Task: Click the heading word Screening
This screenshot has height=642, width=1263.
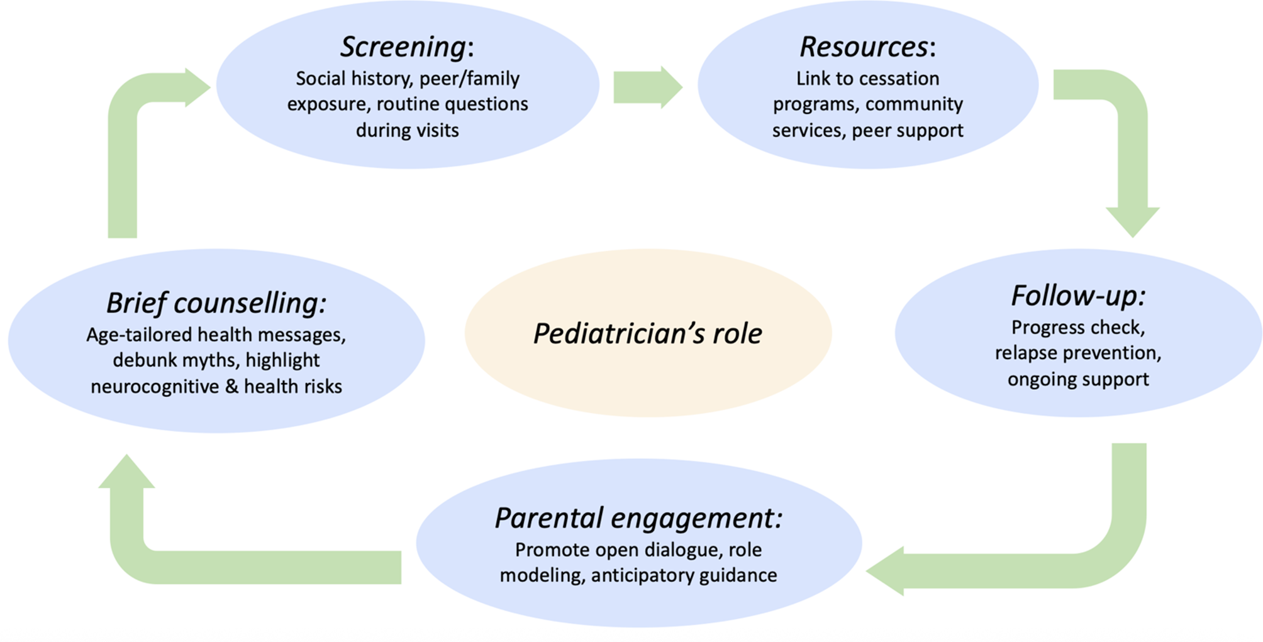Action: (x=404, y=48)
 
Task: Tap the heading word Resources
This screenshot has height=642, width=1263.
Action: (x=864, y=47)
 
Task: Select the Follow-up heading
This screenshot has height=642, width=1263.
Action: (x=1078, y=296)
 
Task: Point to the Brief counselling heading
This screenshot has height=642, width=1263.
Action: (x=216, y=303)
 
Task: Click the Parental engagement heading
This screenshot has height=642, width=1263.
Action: (x=638, y=519)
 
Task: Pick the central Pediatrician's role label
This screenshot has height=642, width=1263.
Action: (x=648, y=333)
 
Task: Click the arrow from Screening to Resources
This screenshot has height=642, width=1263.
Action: (x=648, y=87)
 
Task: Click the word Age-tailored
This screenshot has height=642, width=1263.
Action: (x=126, y=335)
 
